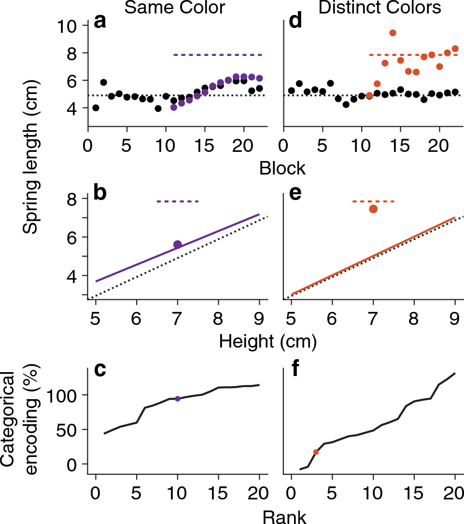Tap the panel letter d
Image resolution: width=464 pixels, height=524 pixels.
(295, 23)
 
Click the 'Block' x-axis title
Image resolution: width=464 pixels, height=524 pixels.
(282, 168)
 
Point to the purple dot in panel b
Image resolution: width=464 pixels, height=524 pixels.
(178, 245)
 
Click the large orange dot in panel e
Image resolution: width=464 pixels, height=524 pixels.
(373, 209)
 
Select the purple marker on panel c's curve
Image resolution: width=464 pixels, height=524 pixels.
(178, 399)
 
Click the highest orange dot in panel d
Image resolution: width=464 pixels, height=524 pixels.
(393, 33)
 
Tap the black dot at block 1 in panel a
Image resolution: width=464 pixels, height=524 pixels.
(96, 107)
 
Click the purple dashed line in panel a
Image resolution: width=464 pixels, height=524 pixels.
(217, 55)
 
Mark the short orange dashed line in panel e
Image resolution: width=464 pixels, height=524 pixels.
(373, 201)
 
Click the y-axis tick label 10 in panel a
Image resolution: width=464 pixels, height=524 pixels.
(69, 26)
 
